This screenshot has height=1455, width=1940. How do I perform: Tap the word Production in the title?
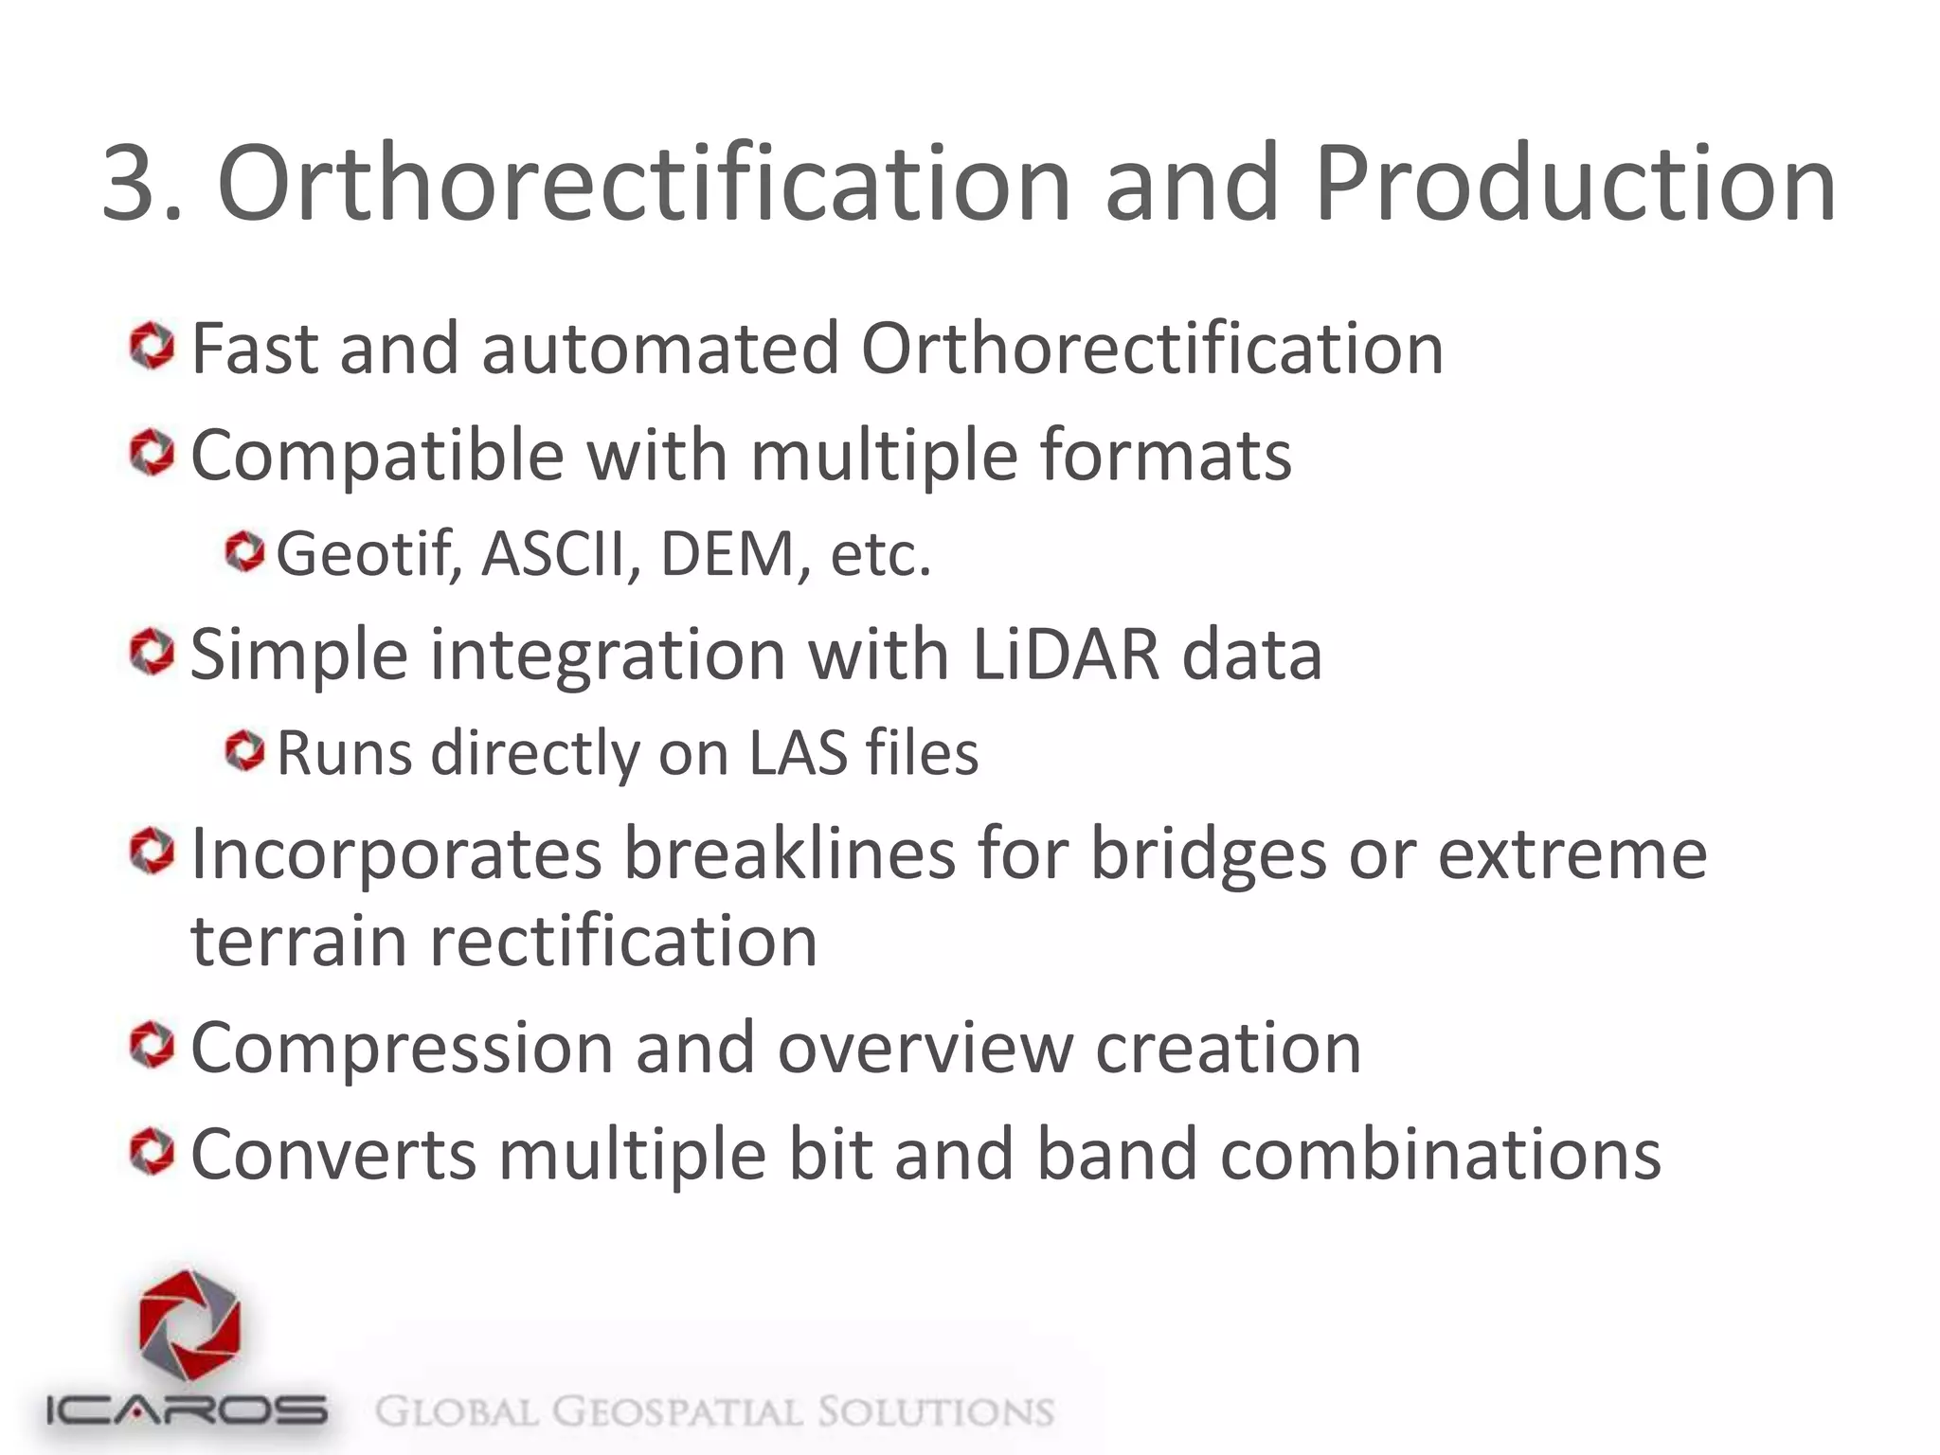[1574, 184]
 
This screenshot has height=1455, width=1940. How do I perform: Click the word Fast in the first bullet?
[255, 349]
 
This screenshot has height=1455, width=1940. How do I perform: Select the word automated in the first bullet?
[659, 349]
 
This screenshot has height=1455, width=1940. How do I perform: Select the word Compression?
[403, 1050]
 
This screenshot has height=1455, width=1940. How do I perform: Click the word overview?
[925, 1050]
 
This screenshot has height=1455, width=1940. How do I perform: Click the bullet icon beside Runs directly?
[245, 753]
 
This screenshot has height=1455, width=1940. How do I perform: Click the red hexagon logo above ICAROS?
[189, 1326]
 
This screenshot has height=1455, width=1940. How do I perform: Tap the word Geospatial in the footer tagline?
[676, 1412]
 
